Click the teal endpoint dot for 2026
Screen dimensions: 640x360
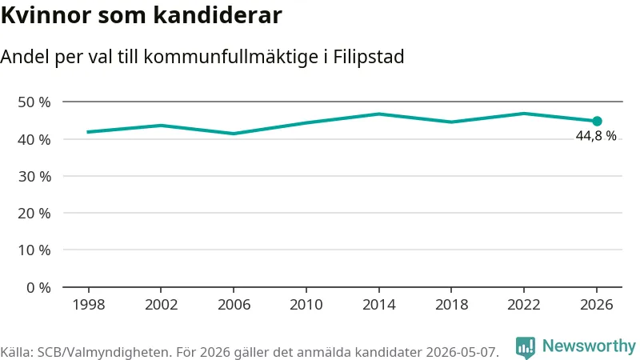click(597, 122)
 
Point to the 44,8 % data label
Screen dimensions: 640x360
click(596, 135)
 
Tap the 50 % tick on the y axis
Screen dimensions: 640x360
click(34, 102)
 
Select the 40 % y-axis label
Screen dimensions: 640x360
click(34, 139)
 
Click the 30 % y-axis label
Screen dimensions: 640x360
click(34, 176)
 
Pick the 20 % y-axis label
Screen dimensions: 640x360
click(34, 213)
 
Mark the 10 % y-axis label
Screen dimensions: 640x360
click(34, 250)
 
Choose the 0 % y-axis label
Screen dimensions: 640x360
click(38, 288)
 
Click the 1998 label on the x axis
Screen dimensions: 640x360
click(89, 305)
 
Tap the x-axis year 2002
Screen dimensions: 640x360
click(162, 305)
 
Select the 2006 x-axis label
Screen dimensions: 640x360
click(234, 305)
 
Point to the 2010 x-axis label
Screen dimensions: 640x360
click(306, 305)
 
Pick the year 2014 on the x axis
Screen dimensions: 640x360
click(378, 305)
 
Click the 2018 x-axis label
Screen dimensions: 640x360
click(451, 305)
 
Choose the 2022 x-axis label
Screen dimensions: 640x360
click(524, 305)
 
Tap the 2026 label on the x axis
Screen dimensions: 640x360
click(597, 305)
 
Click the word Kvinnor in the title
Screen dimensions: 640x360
click(46, 15)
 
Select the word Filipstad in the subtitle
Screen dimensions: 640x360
click(369, 57)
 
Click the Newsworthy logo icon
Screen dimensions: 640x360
click(526, 347)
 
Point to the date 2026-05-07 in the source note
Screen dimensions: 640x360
click(462, 352)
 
